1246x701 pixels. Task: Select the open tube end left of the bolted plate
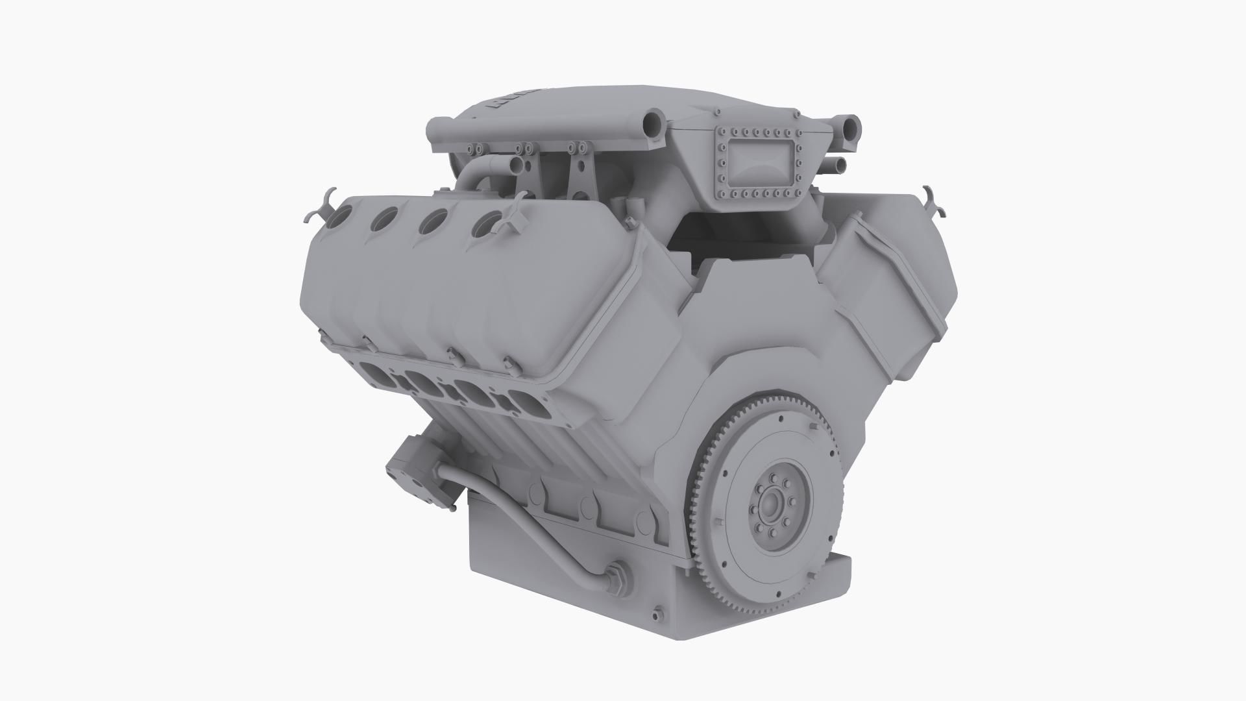click(652, 121)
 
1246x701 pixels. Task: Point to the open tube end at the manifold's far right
click(851, 124)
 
